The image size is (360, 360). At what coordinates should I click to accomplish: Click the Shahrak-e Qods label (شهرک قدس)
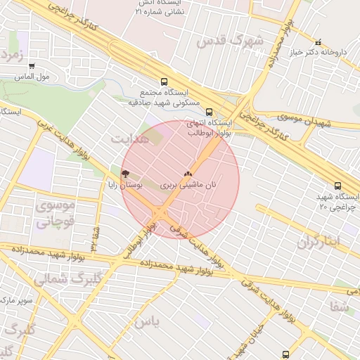(x=230, y=41)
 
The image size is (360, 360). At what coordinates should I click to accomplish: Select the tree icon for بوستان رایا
(x=125, y=173)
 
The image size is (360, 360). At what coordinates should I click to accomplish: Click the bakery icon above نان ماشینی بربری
(x=187, y=173)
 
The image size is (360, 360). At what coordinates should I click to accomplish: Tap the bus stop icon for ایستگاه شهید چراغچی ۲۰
(x=338, y=186)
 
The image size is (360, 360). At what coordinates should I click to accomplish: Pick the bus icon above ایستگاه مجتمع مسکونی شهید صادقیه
(x=164, y=81)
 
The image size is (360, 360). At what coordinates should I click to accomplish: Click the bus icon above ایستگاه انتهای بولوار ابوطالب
(x=208, y=111)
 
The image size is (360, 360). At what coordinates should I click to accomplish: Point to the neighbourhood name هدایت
(x=127, y=139)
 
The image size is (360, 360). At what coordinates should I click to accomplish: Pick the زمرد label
(x=13, y=54)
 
